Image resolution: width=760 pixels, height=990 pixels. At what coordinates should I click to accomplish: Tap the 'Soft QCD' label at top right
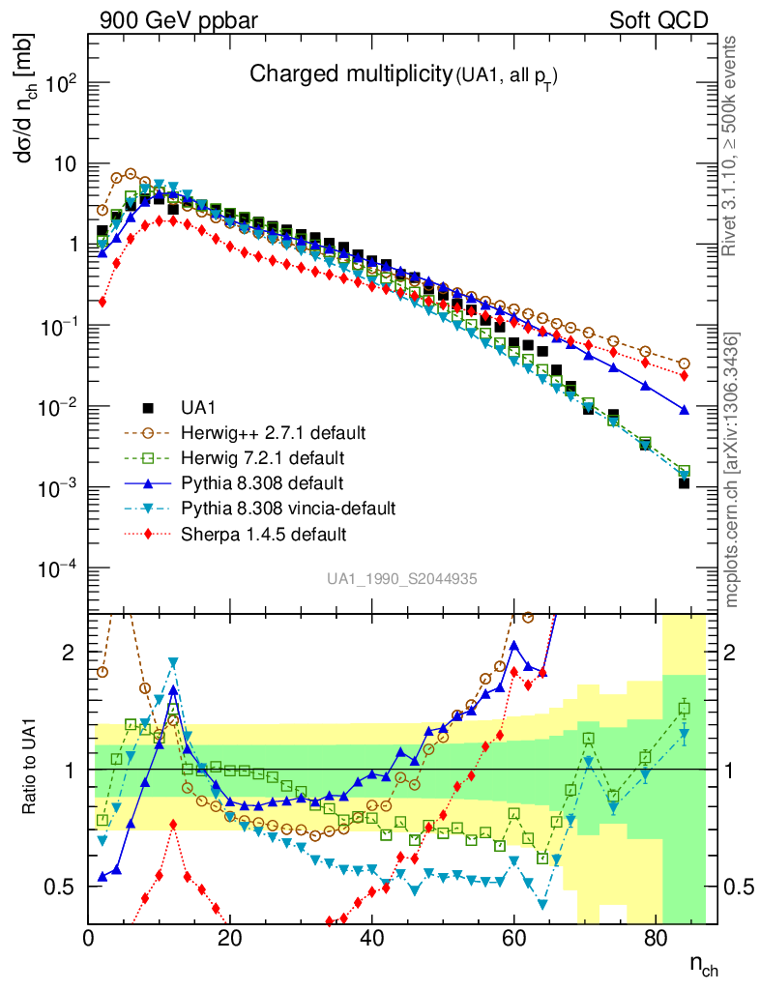point(659,19)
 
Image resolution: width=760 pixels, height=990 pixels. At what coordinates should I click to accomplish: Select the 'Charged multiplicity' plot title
point(350,74)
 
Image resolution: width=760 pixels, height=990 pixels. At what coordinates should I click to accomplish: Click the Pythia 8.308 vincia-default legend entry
point(273,508)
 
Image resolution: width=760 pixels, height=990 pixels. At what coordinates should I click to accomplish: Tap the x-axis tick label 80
point(656,937)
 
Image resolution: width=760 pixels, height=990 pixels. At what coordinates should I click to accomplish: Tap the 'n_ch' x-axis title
point(703,964)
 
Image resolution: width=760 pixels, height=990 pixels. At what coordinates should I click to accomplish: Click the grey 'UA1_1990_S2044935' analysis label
point(401,579)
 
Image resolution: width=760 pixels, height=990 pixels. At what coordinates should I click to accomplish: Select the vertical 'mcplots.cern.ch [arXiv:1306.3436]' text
point(732,470)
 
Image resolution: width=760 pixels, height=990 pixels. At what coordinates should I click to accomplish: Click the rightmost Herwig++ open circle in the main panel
point(685,364)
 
